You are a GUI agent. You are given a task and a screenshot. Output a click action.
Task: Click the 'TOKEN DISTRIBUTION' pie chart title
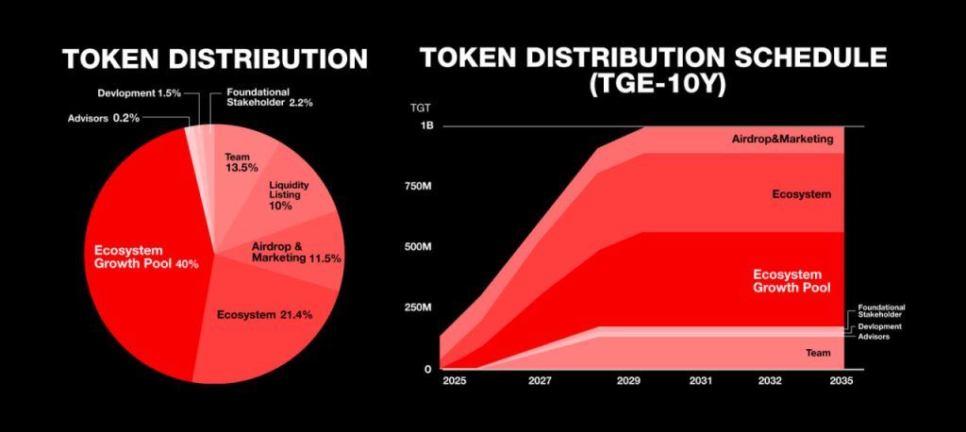point(215,58)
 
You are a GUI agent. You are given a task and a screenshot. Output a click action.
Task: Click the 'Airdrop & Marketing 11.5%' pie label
point(295,252)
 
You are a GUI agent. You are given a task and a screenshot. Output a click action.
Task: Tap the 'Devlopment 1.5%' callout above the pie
point(139,93)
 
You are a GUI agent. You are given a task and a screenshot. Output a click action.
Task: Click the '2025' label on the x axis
point(455,382)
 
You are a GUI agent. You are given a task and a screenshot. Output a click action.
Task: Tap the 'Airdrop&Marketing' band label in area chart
point(783,140)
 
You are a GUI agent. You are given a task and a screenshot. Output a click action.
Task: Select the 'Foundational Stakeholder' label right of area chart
point(881,311)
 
